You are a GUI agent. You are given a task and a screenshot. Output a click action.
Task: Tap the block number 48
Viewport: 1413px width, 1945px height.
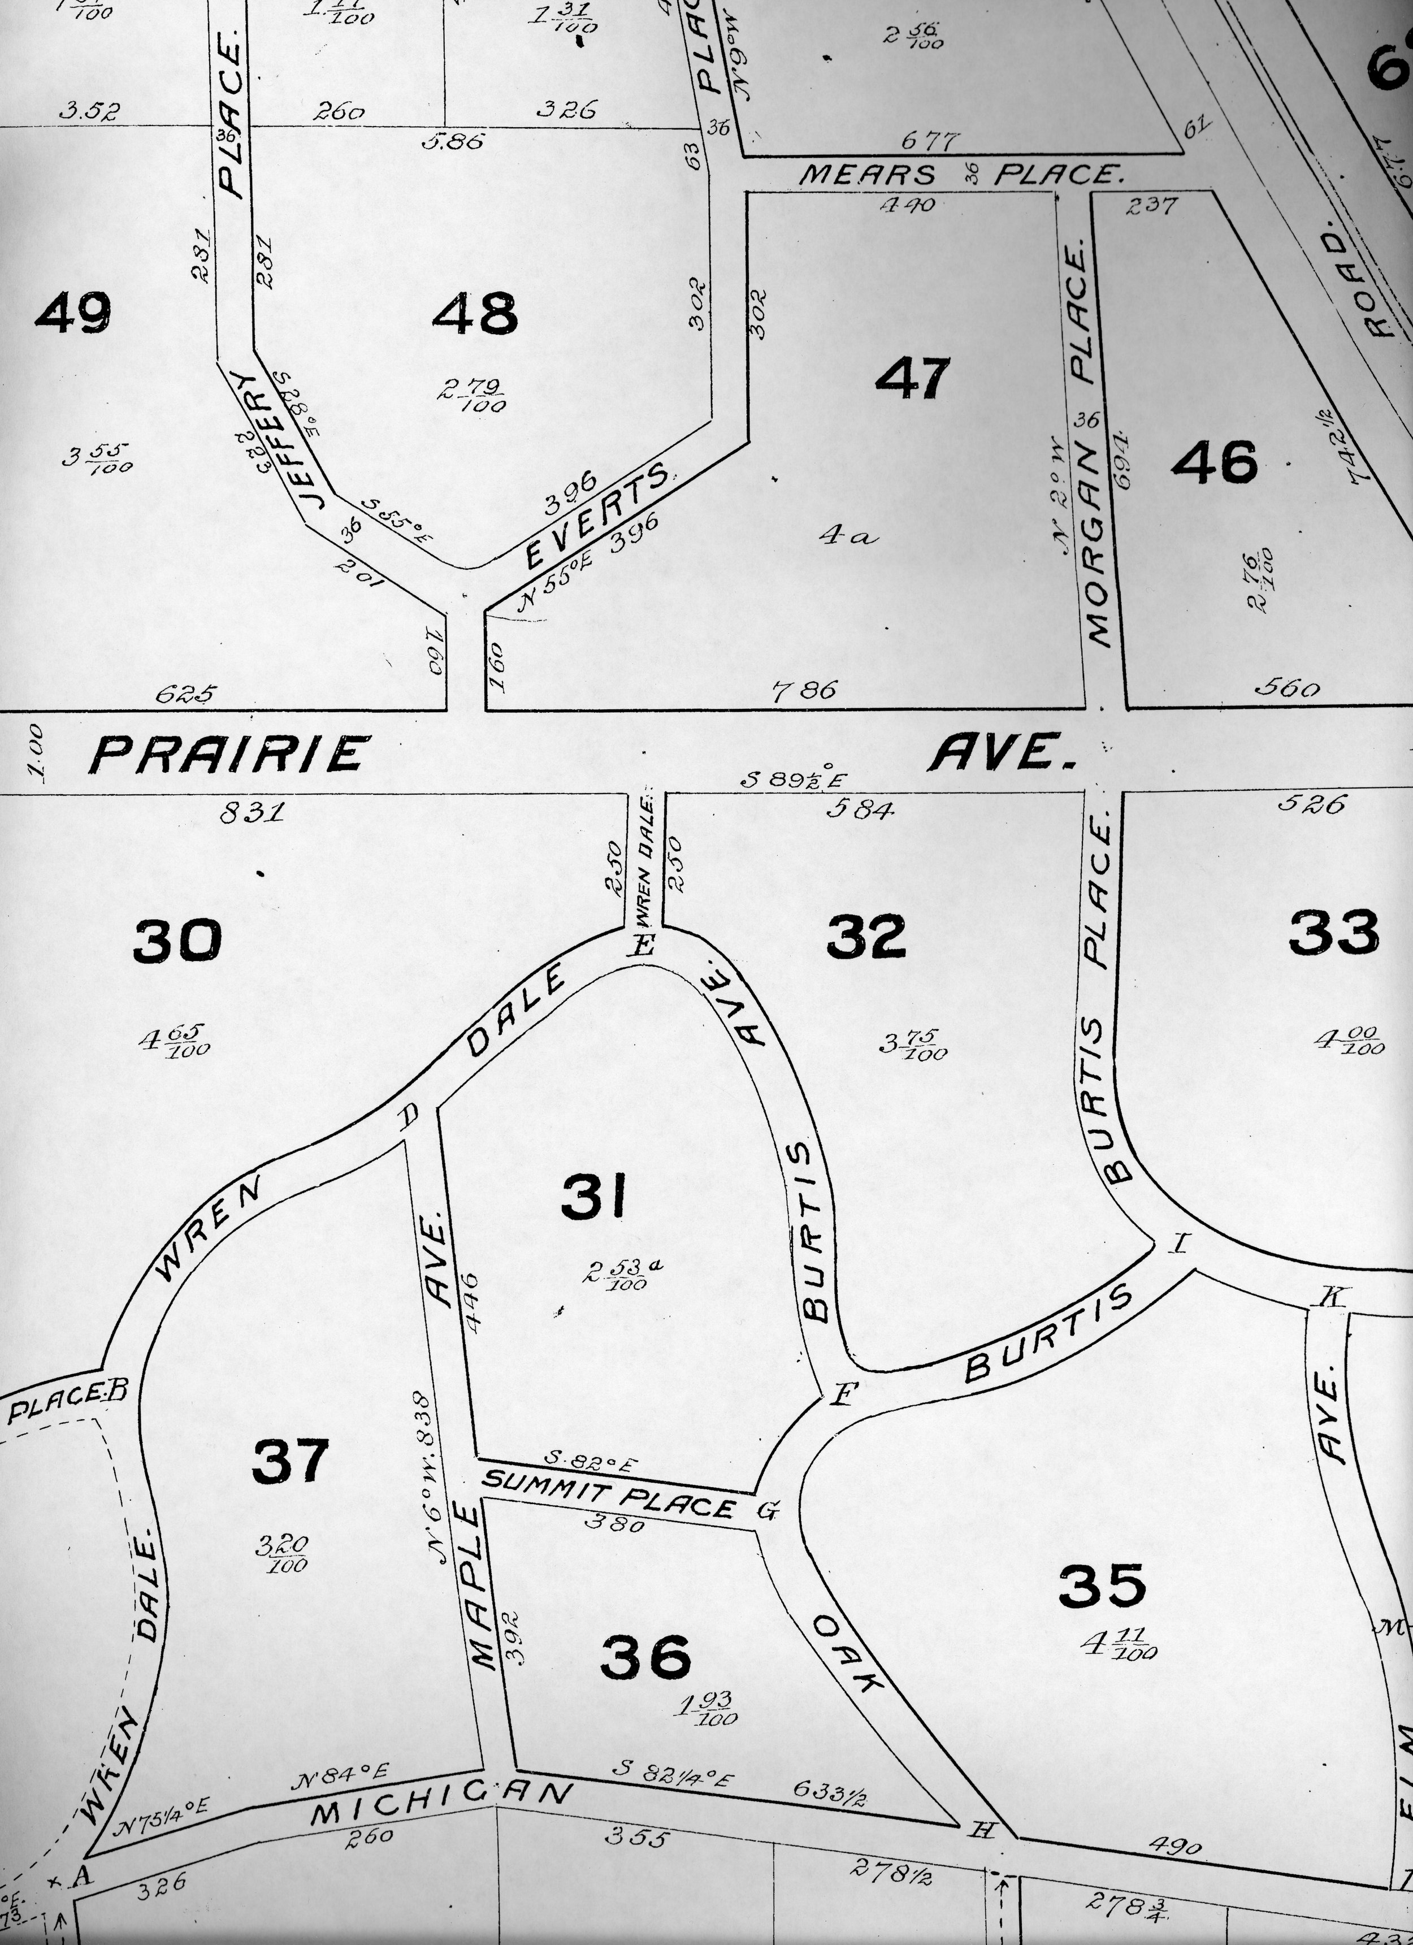coord(474,313)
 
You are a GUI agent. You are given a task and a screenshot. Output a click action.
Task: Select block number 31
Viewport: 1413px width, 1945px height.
coord(593,1196)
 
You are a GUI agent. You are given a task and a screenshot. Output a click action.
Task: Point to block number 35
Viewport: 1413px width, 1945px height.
coord(1102,1585)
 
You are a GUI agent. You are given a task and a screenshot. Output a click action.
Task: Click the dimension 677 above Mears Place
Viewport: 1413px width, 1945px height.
coord(931,140)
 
